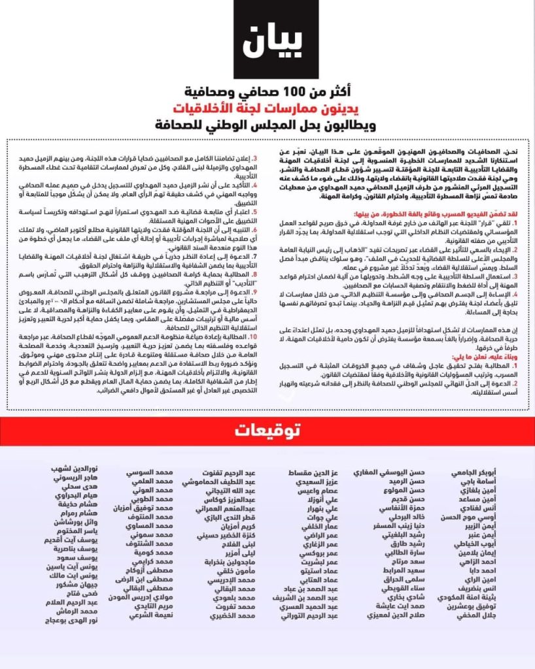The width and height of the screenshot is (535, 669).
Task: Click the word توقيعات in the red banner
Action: pyautogui.click(x=267, y=431)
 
